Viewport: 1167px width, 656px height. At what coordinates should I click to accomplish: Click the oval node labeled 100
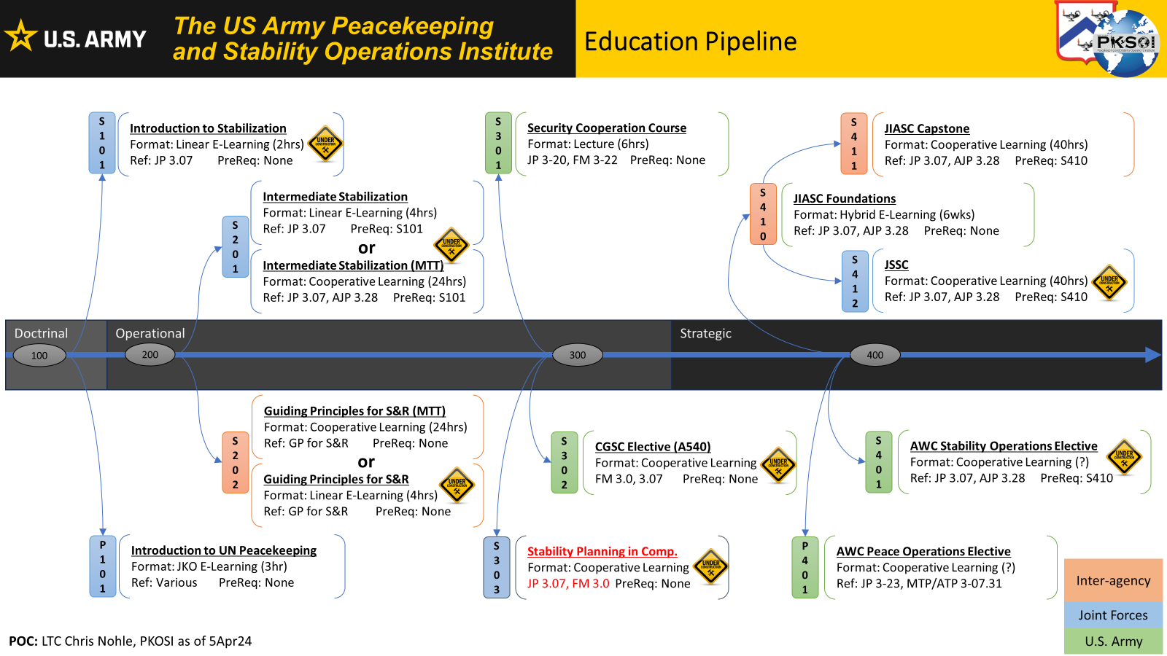click(39, 356)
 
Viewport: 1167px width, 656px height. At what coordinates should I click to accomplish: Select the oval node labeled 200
click(150, 355)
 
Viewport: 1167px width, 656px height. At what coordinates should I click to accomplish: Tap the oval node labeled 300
click(577, 355)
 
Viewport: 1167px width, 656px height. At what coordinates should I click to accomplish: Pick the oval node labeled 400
click(875, 355)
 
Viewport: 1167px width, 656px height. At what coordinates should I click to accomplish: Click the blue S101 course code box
click(102, 143)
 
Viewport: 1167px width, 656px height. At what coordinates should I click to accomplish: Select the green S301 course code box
click(498, 143)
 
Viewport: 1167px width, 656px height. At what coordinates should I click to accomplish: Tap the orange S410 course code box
click(763, 214)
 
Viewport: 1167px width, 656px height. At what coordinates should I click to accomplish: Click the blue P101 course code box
click(102, 566)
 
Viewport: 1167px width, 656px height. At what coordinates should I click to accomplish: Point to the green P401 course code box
click(805, 567)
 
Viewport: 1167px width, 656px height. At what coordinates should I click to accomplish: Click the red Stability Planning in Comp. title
click(602, 552)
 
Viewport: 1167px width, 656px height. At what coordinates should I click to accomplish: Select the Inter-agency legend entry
click(1113, 581)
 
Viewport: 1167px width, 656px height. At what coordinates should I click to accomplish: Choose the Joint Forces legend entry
click(1113, 615)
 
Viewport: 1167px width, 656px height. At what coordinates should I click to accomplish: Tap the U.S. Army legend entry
click(1113, 641)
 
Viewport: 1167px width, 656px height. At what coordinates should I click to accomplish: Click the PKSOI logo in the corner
click(1109, 38)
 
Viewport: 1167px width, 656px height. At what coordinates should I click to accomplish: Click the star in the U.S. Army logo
click(21, 36)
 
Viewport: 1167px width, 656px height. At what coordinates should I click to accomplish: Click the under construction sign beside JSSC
click(1109, 283)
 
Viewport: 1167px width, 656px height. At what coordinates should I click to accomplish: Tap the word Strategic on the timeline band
click(705, 334)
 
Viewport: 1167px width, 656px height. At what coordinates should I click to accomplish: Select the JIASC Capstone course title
click(926, 129)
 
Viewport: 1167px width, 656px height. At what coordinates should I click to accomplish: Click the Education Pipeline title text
click(690, 42)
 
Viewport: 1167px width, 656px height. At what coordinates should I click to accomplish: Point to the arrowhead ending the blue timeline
click(1153, 355)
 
